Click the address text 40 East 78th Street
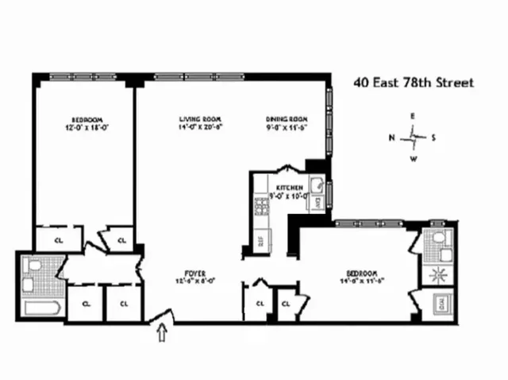(413, 83)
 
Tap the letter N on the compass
(391, 138)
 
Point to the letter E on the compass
(413, 116)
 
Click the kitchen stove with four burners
(260, 207)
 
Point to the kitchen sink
(315, 188)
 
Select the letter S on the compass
(433, 138)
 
